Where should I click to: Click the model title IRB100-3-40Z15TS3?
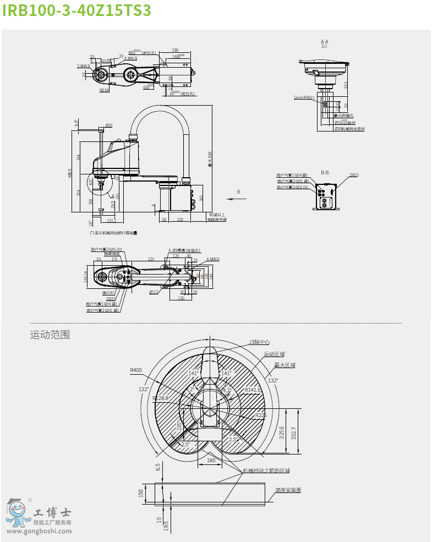(76, 11)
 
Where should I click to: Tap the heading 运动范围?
(50, 335)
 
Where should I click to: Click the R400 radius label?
(136, 370)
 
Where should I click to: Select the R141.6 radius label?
(253, 390)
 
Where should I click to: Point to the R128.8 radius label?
(161, 398)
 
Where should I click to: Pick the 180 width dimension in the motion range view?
(211, 460)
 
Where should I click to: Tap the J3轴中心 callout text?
(261, 342)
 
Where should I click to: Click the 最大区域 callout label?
(285, 365)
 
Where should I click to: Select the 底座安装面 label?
(288, 489)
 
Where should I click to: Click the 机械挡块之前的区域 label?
(266, 470)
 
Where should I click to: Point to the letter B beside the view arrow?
(238, 191)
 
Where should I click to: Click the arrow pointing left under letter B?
(237, 200)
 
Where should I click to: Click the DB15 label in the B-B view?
(354, 175)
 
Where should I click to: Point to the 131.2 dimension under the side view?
(111, 220)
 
